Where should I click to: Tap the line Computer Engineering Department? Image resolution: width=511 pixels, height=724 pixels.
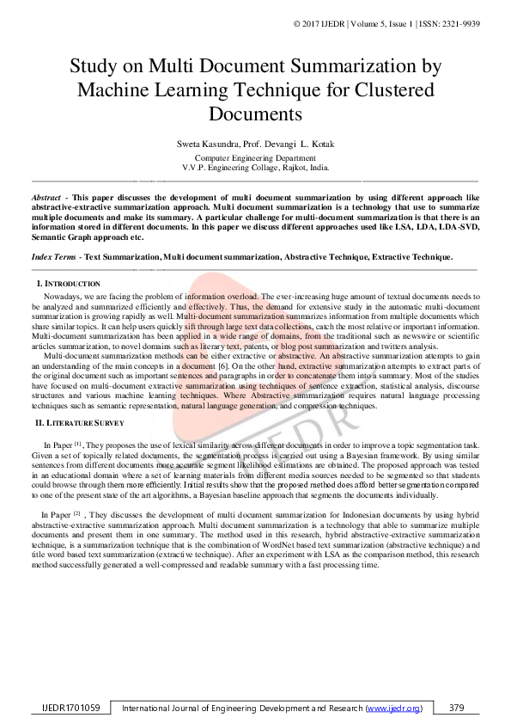pos(255,158)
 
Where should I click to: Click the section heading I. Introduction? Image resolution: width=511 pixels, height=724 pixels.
pos(69,284)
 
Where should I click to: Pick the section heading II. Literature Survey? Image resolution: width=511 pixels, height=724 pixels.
pos(80,422)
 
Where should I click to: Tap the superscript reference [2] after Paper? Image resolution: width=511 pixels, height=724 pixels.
pos(76,512)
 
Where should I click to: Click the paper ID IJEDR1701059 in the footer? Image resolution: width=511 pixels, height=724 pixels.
pos(71,708)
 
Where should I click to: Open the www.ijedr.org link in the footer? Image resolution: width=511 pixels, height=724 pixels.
pos(394,708)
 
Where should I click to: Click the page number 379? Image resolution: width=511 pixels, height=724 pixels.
pos(456,708)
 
